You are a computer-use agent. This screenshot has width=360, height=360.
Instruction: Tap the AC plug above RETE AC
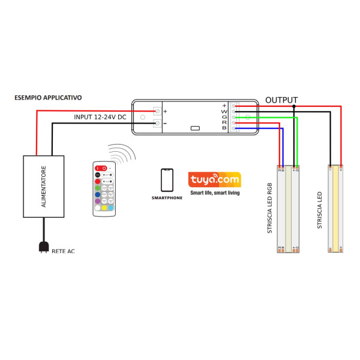(43, 246)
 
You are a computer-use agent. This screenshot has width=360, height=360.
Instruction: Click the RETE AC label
(64, 251)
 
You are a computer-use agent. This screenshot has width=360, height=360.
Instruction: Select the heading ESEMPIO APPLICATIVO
(48, 97)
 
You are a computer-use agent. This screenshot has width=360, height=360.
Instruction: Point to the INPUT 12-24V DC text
(100, 117)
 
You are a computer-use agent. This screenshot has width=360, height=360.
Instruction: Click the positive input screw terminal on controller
(158, 111)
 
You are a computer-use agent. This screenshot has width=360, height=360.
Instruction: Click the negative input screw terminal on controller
(158, 124)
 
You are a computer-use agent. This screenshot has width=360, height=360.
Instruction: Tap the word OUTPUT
(281, 100)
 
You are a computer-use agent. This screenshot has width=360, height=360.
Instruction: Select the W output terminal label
(224, 111)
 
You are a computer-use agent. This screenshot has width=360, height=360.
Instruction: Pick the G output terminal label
(224, 117)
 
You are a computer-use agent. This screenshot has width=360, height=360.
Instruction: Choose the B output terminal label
(224, 128)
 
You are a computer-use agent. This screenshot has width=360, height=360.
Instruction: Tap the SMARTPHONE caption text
(167, 197)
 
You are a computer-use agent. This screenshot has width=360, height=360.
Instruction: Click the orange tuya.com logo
(214, 179)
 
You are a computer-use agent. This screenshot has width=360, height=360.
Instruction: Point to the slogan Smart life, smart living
(214, 193)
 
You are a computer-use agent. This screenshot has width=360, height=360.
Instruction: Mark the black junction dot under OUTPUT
(293, 106)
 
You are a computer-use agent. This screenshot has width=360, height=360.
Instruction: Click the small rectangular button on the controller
(195, 128)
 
